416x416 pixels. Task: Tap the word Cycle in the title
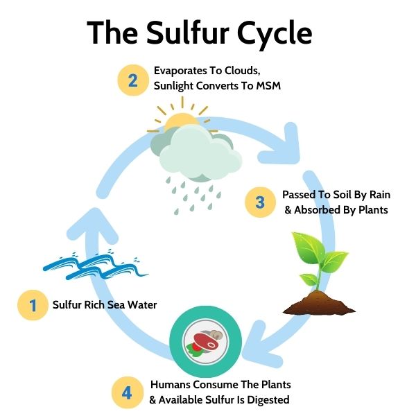pos(275,33)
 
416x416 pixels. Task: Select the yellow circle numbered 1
pos(32,304)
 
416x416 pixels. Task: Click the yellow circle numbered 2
pos(132,81)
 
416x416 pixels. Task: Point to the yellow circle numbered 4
pos(127,392)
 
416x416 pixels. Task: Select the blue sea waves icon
pos(90,265)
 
